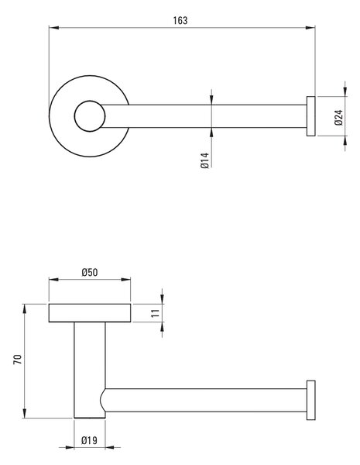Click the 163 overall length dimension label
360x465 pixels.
(180, 20)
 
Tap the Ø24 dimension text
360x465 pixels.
(338, 118)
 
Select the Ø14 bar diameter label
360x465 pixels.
(204, 160)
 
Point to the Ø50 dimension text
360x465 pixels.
(90, 272)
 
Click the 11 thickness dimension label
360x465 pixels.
(156, 313)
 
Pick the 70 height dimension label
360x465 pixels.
(18, 360)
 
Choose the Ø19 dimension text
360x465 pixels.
(89, 440)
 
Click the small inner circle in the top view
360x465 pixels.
(90, 101)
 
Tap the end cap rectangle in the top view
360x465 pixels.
(310, 116)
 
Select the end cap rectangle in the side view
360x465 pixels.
(310, 400)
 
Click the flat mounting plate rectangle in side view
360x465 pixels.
(90, 313)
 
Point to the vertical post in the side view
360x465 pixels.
(90, 370)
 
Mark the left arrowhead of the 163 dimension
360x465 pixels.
(53, 28)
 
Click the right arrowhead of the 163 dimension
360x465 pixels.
(310, 28)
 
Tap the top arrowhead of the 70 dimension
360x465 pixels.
(25, 308)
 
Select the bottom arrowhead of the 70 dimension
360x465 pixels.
(25, 413)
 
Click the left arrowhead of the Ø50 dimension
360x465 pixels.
(53, 279)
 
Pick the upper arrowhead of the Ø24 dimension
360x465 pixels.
(345, 91)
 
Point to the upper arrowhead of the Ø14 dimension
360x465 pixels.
(211, 100)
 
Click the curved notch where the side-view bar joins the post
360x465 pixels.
(101, 400)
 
